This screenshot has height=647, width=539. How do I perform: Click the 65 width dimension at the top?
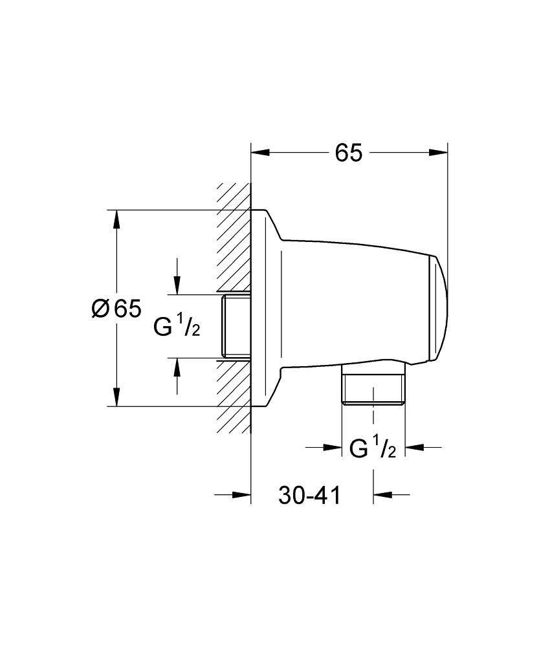coord(348,153)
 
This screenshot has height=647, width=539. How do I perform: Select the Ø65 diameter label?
coord(116,308)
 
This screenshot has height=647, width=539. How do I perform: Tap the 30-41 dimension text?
coord(309,495)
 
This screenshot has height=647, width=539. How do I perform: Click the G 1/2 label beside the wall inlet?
coord(177,325)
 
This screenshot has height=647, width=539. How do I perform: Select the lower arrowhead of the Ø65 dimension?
coord(117,397)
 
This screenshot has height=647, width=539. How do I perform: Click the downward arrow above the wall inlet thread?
coord(177,276)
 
